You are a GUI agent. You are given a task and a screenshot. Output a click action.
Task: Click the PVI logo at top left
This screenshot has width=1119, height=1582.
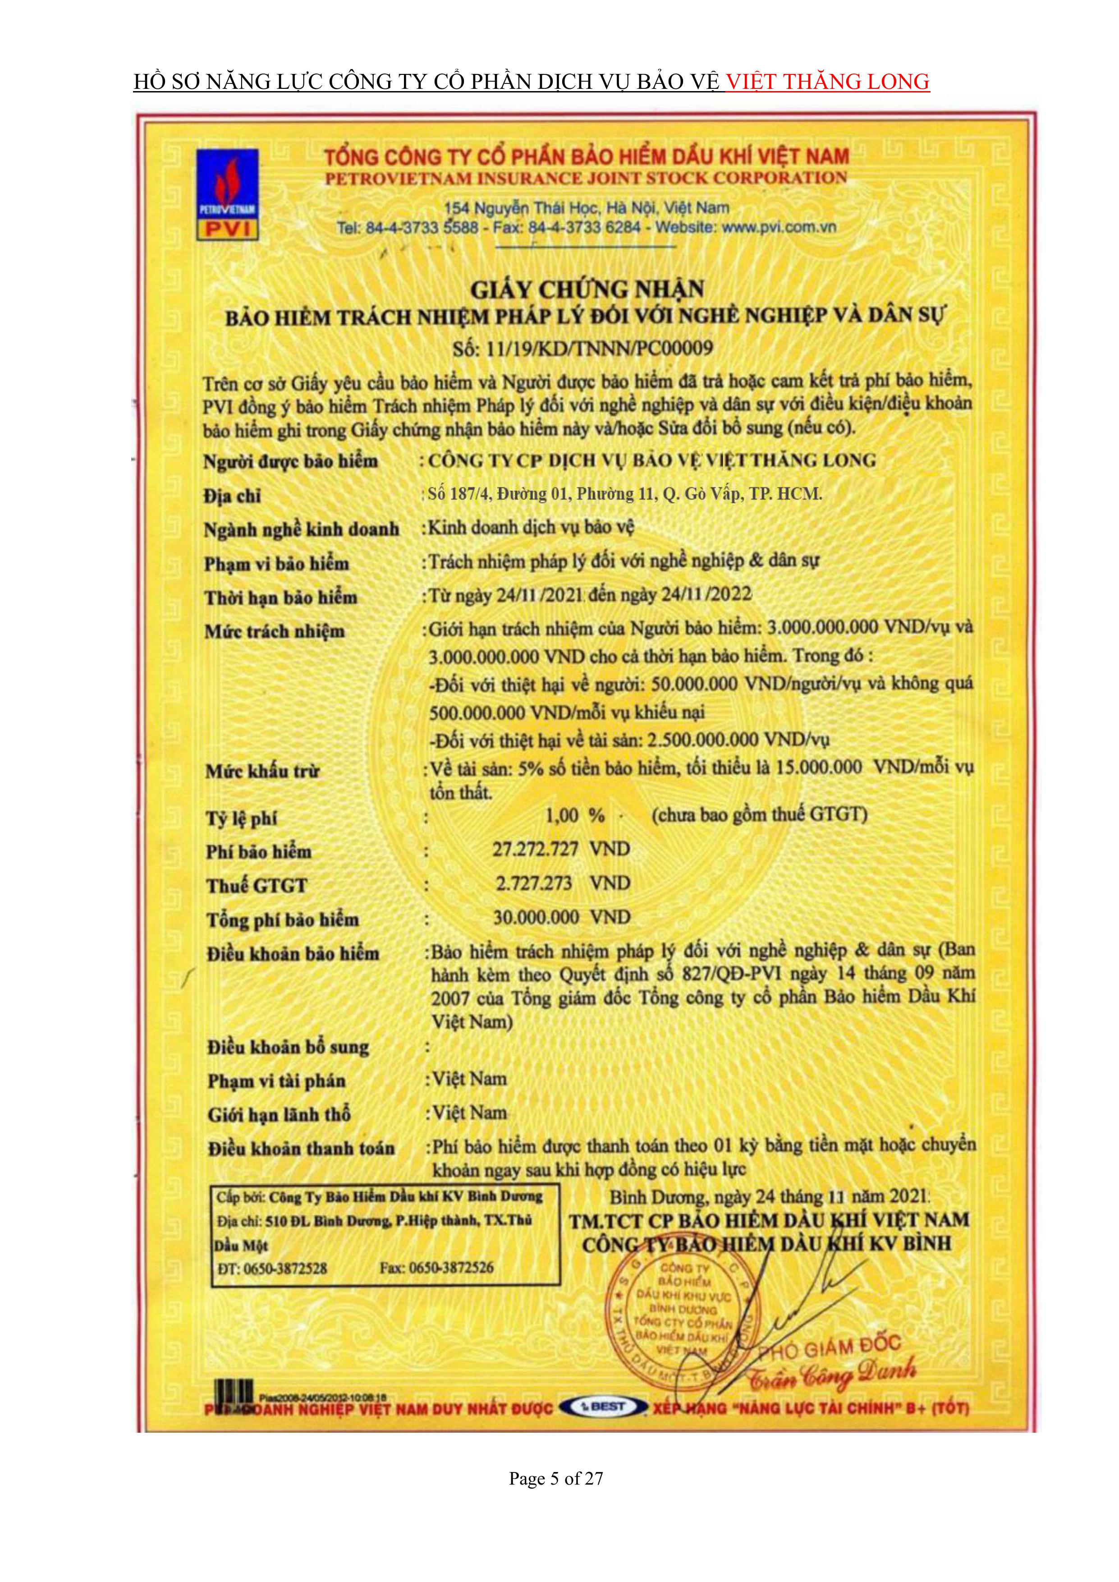point(227,194)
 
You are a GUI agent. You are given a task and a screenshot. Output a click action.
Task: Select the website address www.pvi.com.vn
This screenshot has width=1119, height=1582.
point(780,227)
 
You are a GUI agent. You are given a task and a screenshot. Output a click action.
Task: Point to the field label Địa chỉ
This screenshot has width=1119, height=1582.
point(232,496)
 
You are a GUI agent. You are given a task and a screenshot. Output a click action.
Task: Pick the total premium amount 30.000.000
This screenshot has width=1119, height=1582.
point(536,917)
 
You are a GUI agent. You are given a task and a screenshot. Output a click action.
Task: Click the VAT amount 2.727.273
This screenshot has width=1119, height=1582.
point(533,883)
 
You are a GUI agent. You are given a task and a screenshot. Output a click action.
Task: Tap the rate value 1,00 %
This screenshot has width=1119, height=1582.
point(574,816)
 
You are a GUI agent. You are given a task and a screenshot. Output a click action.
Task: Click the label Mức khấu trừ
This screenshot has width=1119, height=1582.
point(262,771)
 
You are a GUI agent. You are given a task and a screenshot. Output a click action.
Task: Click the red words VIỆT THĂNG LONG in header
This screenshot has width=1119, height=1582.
point(828,82)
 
